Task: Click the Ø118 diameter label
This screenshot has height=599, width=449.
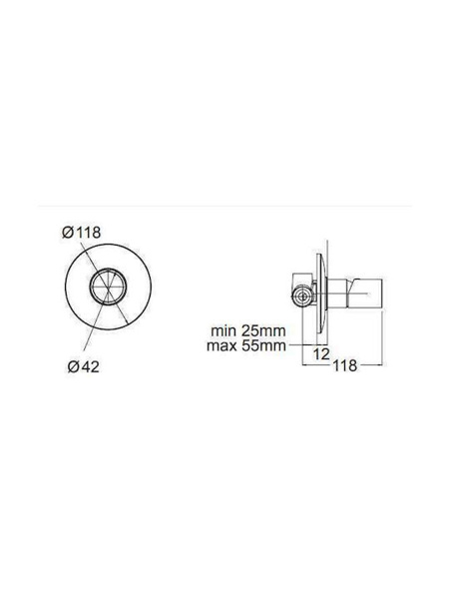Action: click(x=82, y=233)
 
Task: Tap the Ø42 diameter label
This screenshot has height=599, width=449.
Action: click(x=84, y=366)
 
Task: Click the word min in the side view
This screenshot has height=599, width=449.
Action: click(x=224, y=330)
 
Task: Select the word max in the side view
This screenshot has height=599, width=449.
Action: click(x=223, y=346)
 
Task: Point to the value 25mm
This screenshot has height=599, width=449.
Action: click(x=263, y=330)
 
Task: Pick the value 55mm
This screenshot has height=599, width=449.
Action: click(x=263, y=346)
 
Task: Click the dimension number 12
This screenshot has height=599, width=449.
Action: click(x=321, y=354)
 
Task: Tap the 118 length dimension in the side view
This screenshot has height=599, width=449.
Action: click(x=345, y=365)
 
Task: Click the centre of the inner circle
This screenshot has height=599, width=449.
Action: click(x=109, y=287)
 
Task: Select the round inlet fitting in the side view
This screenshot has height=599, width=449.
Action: click(x=302, y=296)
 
